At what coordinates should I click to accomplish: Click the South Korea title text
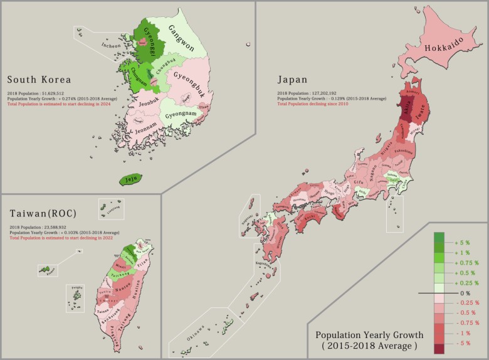[x=39, y=80]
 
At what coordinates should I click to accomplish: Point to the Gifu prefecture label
[x=359, y=182]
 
